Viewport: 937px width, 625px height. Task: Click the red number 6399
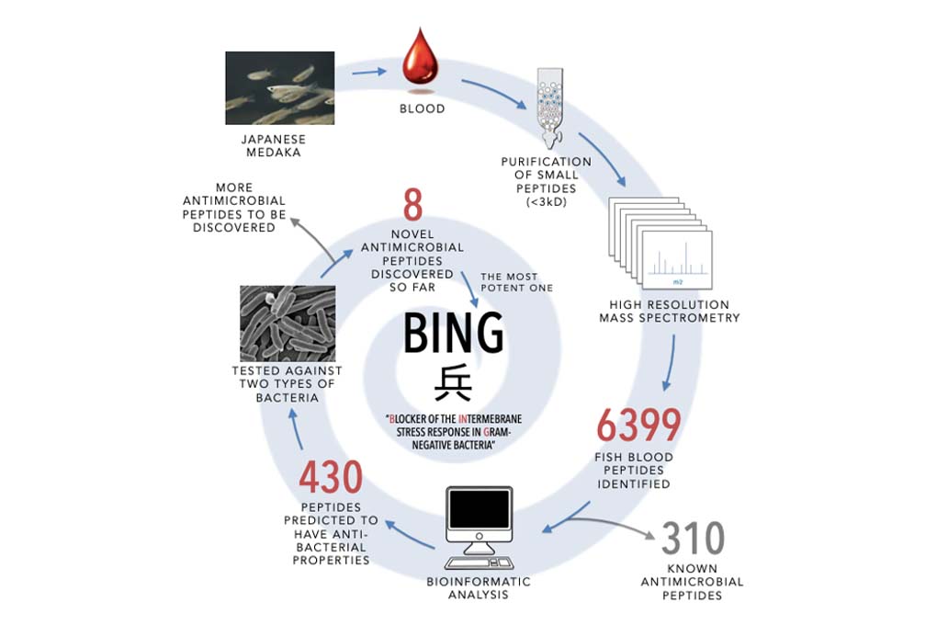(638, 425)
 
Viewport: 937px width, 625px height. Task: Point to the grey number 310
(693, 540)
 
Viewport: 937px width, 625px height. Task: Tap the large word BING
(454, 335)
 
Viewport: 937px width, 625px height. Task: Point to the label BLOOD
(423, 108)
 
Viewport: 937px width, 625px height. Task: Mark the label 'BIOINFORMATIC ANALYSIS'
(479, 588)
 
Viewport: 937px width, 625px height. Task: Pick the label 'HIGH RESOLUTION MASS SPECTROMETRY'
(669, 312)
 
